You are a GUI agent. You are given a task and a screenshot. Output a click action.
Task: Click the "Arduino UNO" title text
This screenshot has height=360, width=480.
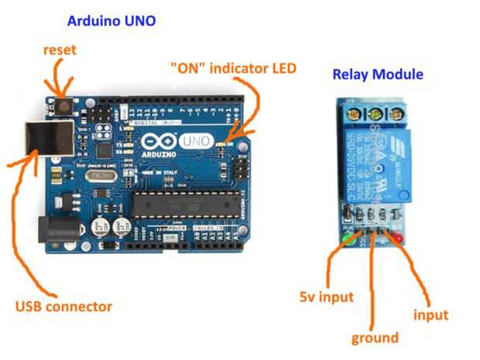point(111,21)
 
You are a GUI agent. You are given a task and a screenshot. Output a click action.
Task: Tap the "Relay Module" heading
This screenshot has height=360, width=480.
point(377,74)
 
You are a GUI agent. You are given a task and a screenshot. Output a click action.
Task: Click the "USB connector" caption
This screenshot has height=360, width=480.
point(63,306)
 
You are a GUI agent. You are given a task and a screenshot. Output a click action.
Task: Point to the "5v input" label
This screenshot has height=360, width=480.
point(326,297)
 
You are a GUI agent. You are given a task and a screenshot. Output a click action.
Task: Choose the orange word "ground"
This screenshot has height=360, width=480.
point(375,338)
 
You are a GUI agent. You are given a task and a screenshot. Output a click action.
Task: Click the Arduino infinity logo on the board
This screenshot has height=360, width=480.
point(156,142)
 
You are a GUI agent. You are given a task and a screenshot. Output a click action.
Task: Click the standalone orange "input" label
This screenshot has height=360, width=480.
point(430,314)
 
